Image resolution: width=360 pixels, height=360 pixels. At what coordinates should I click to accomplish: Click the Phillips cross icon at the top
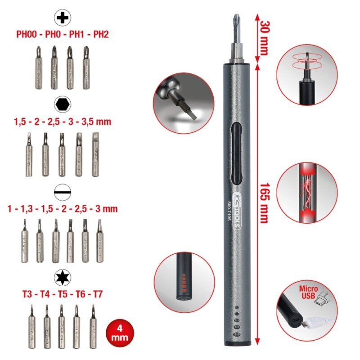click(x=63, y=18)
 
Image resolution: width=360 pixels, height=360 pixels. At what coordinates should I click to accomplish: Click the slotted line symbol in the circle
click(x=62, y=192)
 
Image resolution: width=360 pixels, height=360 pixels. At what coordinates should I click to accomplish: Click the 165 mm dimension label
click(x=264, y=202)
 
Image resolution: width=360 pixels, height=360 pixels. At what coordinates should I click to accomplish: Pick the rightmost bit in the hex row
click(x=96, y=154)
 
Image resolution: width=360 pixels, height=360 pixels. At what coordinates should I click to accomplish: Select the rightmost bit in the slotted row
click(x=99, y=240)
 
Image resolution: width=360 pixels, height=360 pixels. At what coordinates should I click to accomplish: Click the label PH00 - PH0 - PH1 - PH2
click(x=63, y=34)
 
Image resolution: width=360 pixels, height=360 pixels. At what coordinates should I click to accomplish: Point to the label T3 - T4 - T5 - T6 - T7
click(x=62, y=295)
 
